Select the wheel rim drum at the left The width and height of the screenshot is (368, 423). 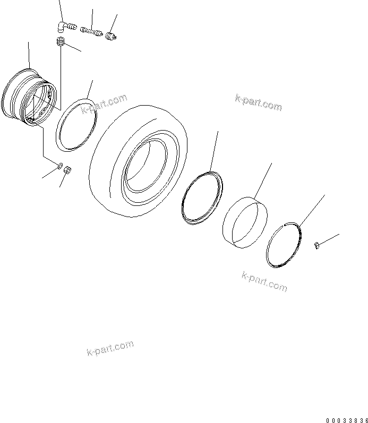click(x=27, y=98)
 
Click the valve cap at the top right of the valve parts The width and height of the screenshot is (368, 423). click(x=111, y=36)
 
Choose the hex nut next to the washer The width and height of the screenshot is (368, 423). click(x=69, y=170)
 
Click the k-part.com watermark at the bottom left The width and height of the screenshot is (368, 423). click(x=109, y=349)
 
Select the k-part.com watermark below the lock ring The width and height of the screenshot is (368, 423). click(x=264, y=281)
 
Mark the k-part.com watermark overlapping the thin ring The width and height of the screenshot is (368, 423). click(x=104, y=105)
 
